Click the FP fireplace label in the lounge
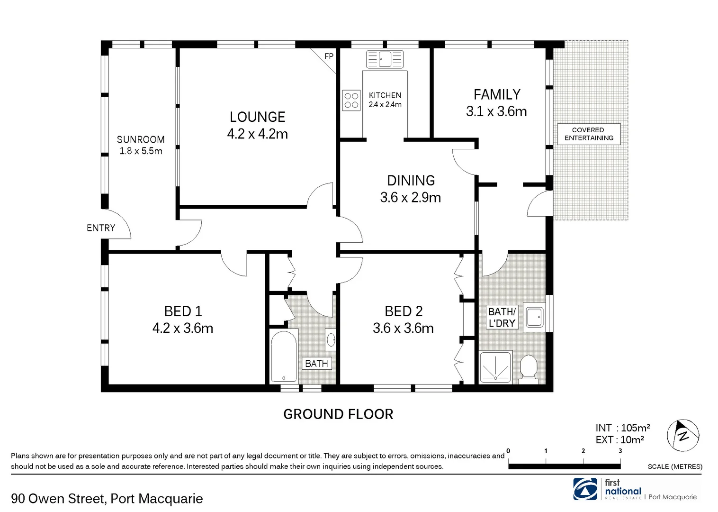click(329, 56)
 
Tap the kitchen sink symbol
click(385, 59)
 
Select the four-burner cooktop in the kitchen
click(351, 100)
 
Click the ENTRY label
click(101, 228)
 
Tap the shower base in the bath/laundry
click(496, 367)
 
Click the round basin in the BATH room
click(331, 339)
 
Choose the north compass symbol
click(683, 435)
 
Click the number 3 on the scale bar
click(620, 451)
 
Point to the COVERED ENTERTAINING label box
click(589, 134)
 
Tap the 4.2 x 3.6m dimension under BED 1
click(183, 328)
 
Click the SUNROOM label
click(141, 139)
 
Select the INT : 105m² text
click(622, 428)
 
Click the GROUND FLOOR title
click(338, 414)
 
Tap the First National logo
click(585, 489)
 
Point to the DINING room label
click(411, 181)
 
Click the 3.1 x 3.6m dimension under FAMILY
click(496, 111)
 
